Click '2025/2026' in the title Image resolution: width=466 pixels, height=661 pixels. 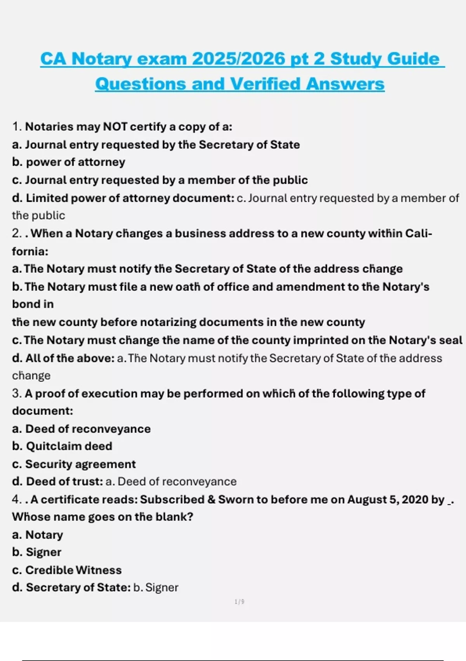click(x=238, y=59)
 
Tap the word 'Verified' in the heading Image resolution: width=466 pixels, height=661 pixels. click(x=264, y=84)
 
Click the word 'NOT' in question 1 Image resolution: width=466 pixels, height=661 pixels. click(x=115, y=127)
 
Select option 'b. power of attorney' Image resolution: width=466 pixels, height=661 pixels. click(x=68, y=162)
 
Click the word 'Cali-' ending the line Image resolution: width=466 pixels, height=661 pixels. click(x=418, y=233)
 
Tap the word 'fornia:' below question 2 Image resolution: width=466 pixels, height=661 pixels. click(x=30, y=252)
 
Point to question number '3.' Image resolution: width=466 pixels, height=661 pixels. click(x=17, y=393)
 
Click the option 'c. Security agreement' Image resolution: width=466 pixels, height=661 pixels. click(x=74, y=464)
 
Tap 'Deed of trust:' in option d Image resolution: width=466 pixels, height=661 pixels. click(x=64, y=482)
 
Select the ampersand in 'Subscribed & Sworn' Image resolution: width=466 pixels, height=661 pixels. click(x=211, y=500)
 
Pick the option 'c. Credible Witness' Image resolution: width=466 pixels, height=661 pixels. click(x=67, y=570)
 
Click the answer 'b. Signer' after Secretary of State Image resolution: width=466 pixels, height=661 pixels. click(x=156, y=588)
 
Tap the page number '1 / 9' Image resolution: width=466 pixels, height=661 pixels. click(x=240, y=602)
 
